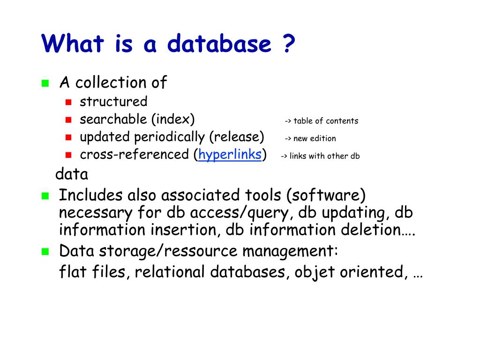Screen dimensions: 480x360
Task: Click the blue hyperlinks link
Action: pos(230,155)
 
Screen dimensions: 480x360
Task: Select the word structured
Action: pos(113,102)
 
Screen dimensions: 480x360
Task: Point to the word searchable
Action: pos(113,120)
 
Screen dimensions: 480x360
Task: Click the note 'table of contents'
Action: pos(326,121)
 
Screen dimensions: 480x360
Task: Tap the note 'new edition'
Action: pos(315,138)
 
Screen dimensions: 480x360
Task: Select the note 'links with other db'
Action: pos(324,156)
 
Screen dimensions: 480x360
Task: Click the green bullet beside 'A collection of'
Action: pos(45,84)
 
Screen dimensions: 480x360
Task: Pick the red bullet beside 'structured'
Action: pos(68,102)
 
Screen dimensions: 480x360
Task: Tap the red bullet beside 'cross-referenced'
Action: pos(68,155)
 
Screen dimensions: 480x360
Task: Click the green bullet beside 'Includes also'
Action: pos(45,196)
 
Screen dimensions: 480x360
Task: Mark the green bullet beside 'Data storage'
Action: pos(45,252)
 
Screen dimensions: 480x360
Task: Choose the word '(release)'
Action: pos(237,137)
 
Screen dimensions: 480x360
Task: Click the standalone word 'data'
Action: pos(72,174)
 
